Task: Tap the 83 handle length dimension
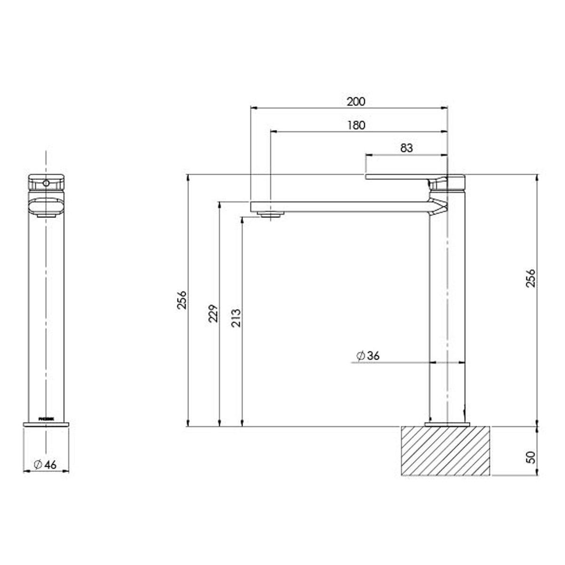(406, 148)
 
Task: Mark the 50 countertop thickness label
(531, 457)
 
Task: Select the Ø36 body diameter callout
(368, 355)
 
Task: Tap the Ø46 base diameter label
(45, 464)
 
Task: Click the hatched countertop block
(445, 451)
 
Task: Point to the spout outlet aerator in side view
(271, 215)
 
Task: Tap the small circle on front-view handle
(46, 182)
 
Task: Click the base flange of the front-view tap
(46, 425)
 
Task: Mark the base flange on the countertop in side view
(447, 425)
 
